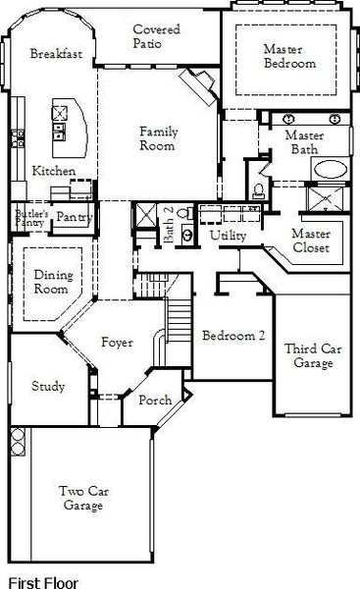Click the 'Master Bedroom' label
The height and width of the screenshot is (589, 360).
pos(288,56)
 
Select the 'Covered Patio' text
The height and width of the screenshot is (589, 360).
pos(157,37)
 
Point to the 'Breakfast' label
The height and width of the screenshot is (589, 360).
pos(54,54)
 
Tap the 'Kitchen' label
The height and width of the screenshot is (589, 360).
pos(53,171)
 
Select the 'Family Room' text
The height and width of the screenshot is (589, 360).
pos(157,138)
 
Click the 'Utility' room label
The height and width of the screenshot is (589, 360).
pos(228,236)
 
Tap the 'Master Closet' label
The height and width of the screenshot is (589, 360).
pos(311,241)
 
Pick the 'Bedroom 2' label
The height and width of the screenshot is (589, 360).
pos(233,336)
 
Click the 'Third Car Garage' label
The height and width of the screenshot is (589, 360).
pos(308,355)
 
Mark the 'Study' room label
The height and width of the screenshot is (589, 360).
pos(48,386)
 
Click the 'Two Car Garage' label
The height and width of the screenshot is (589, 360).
pos(82,499)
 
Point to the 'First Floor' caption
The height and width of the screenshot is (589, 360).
pos(39,580)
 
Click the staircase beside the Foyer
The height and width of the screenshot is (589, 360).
pos(179,314)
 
